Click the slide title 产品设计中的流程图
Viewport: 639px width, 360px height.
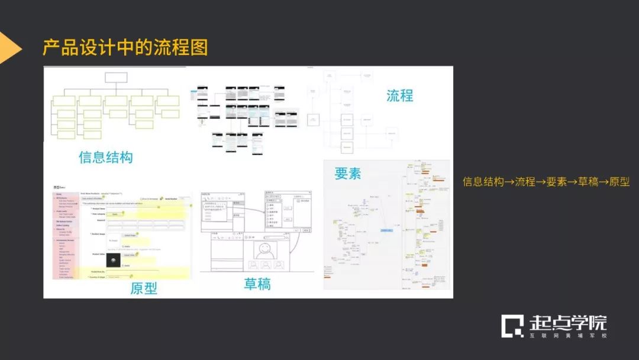click(125, 48)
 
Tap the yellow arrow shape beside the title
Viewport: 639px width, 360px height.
click(8, 48)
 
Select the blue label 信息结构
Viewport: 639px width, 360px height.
click(105, 157)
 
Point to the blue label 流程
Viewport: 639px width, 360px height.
click(399, 95)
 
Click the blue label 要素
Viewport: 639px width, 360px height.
click(348, 173)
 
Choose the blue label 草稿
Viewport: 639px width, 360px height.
click(257, 284)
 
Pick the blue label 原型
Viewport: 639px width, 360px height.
click(144, 288)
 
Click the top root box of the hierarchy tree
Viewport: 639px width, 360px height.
click(116, 78)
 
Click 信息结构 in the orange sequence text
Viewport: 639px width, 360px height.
click(483, 182)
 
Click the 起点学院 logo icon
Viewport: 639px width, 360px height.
click(512, 326)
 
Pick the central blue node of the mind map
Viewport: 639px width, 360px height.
click(387, 230)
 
